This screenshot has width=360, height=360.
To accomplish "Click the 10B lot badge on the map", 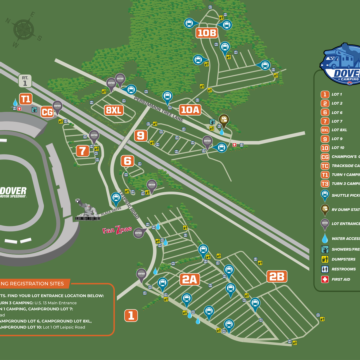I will pos(207,33).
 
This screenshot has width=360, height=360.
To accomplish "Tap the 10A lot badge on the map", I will pos(191,110).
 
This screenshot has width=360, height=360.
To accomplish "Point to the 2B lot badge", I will pos(277,276).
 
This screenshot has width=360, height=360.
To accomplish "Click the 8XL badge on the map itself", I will pos(115,110).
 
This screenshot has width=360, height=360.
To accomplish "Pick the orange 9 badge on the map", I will pos(141,135).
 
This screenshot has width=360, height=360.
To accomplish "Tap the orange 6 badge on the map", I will pos(127,161).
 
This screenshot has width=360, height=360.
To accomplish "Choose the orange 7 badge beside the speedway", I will pos(82,151).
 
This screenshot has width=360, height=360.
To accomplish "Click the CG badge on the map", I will pos(47,112).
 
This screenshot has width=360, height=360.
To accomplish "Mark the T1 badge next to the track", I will pos(26,99).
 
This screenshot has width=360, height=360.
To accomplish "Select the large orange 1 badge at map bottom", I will pos(130,315).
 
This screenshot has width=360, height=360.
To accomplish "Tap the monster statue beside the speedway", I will pos(92,212).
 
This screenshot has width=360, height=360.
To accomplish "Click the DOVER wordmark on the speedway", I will pos(13,191).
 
